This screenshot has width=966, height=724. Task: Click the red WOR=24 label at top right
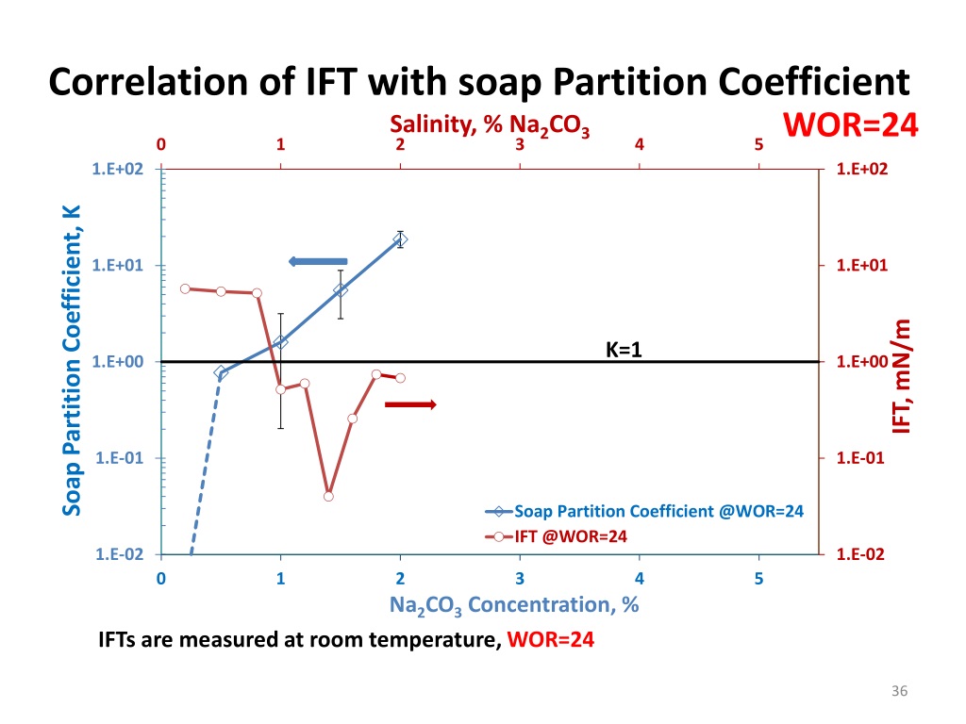click(850, 124)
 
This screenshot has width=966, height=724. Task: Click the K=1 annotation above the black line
click(623, 350)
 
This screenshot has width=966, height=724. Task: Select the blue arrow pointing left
click(318, 261)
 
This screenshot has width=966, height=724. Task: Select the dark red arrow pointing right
click(410, 404)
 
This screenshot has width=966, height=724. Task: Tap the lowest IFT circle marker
click(328, 496)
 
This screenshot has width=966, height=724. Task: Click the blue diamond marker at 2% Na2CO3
click(400, 240)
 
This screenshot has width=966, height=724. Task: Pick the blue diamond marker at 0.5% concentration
click(221, 372)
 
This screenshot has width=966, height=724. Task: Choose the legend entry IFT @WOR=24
click(572, 536)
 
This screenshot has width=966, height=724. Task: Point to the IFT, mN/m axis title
click(903, 376)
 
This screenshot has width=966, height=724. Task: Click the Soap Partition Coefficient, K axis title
click(72, 360)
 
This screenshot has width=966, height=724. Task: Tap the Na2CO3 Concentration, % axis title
click(514, 605)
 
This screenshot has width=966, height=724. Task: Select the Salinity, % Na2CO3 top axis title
click(491, 125)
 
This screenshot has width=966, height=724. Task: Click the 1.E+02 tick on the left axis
click(118, 169)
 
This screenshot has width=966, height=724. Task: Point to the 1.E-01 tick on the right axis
click(860, 458)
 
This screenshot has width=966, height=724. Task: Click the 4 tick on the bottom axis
click(639, 578)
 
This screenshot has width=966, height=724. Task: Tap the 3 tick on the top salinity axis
click(520, 145)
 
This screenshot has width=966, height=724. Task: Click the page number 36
click(898, 694)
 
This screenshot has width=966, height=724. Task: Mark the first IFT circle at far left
click(185, 288)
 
